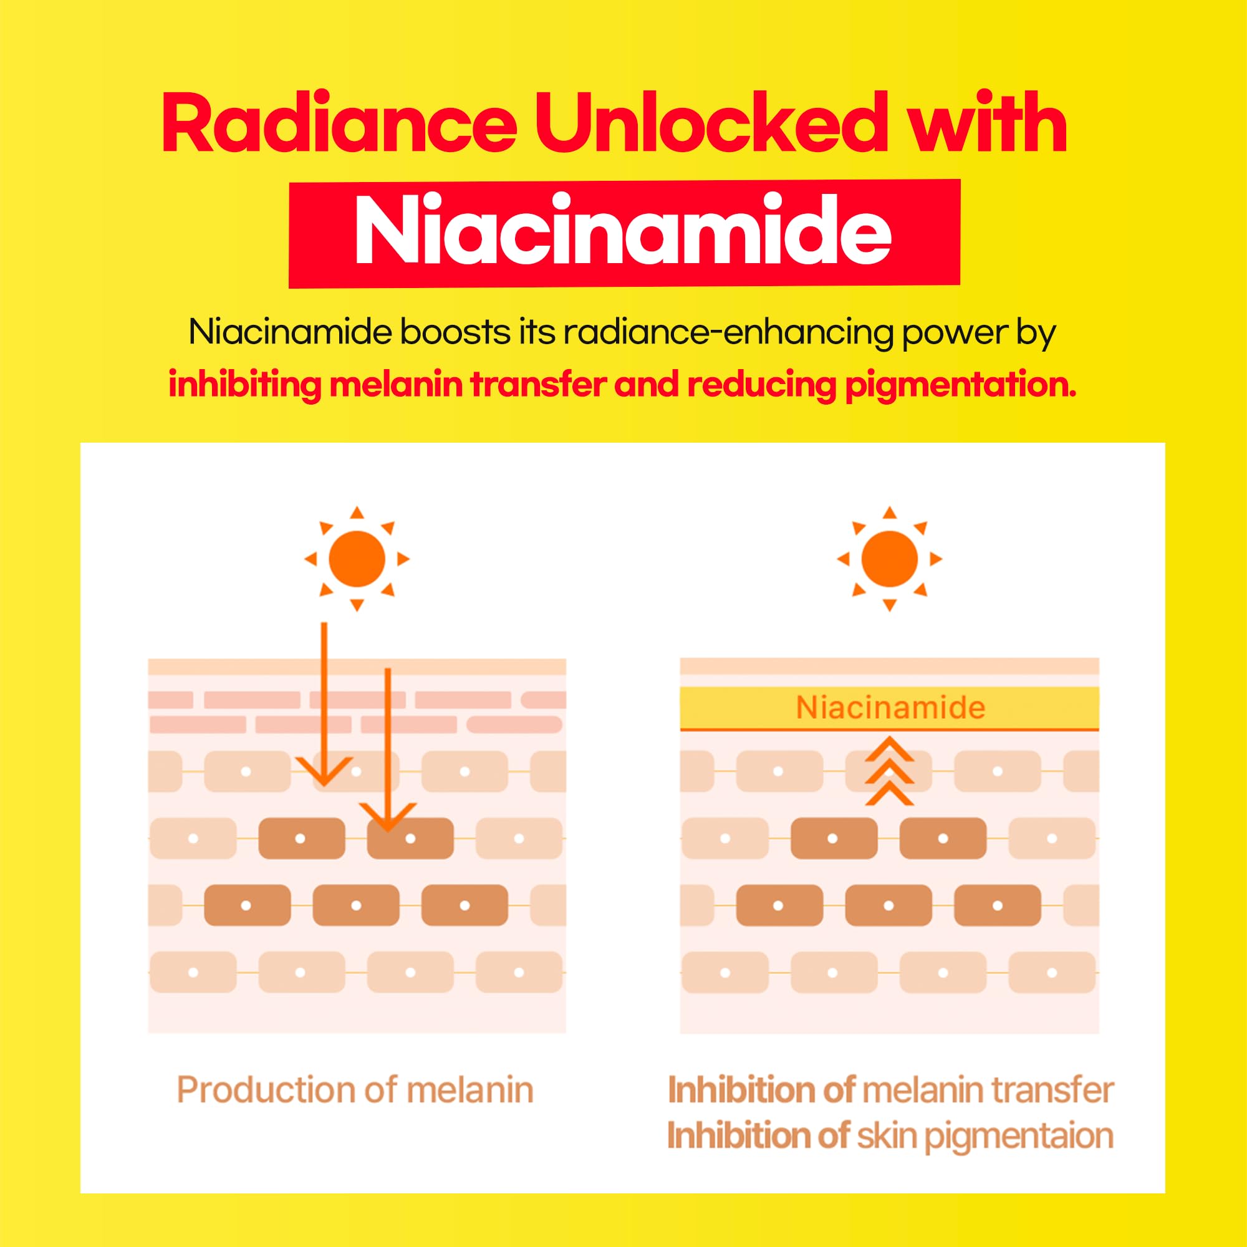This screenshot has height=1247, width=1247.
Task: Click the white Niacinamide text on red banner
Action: point(623,231)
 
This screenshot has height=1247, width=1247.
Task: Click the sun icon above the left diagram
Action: point(357,559)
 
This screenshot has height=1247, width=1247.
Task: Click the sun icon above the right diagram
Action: point(890,559)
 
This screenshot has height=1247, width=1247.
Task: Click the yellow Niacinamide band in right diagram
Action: point(890,708)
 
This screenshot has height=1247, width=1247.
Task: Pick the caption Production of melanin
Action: point(355,1090)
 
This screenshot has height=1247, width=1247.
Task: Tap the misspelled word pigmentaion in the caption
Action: point(1019,1137)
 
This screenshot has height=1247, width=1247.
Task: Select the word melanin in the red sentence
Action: point(397,385)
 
